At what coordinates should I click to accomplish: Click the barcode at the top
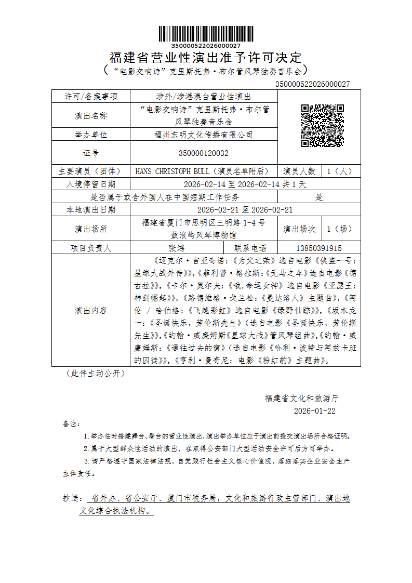point(206,34)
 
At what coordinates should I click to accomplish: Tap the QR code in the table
point(323,126)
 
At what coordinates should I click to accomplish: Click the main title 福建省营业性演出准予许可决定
point(206,57)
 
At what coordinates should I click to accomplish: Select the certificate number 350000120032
point(203,153)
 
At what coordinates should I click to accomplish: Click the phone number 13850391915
point(318,248)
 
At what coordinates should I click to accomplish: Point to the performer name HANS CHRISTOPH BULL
point(171,171)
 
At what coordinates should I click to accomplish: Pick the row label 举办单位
point(91,135)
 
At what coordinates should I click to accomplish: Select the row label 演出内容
point(91,311)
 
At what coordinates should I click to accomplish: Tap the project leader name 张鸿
point(177,248)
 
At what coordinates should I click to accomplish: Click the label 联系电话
point(250,248)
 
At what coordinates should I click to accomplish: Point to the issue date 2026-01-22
point(315,410)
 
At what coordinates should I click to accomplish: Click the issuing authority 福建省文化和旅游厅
point(302,398)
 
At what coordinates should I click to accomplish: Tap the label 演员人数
point(299,171)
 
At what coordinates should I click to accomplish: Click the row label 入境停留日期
point(91,184)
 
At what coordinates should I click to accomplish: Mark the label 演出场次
point(299,229)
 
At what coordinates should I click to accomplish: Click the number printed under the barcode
point(206,46)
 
